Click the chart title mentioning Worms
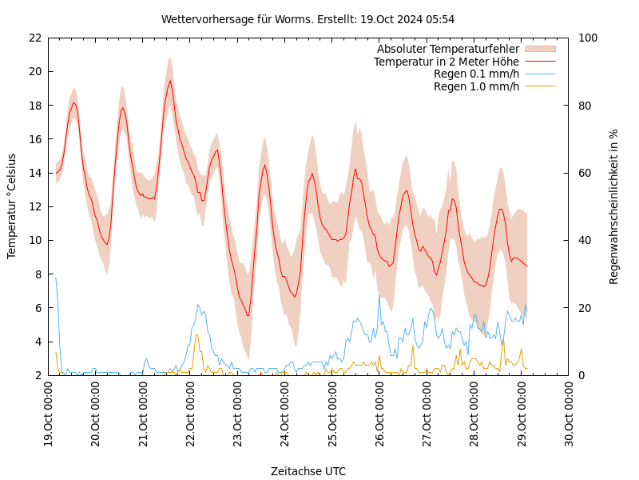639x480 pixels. [x=308, y=19]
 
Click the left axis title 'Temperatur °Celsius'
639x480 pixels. [x=12, y=206]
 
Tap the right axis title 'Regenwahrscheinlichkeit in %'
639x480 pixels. [x=613, y=206]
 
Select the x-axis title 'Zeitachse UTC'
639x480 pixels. [x=308, y=471]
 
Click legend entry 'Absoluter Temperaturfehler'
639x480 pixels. [x=447, y=49]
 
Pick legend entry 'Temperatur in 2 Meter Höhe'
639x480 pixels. [x=446, y=62]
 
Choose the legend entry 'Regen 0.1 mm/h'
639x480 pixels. [x=476, y=74]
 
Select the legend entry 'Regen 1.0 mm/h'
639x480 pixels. [x=476, y=86]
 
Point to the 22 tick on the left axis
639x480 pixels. [x=34, y=38]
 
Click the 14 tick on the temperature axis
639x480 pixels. [x=34, y=173]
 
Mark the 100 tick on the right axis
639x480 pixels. [x=588, y=38]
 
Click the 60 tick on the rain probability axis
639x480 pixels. [x=585, y=173]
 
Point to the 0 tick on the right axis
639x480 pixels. [x=581, y=375]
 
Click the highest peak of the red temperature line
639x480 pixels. [x=169, y=80]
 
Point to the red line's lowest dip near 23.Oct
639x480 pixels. [x=248, y=315]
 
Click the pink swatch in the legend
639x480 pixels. [x=540, y=49]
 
